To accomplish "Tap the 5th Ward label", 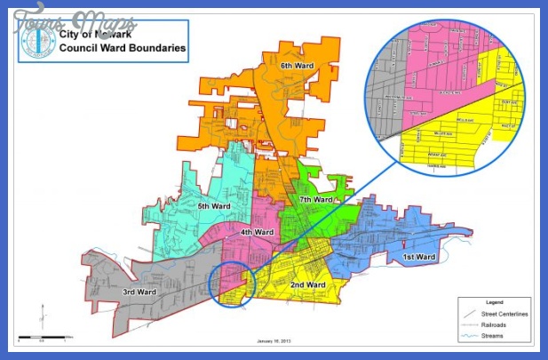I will tap(214, 206).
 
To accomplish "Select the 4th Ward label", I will tap(258, 232).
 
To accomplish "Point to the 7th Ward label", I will tap(315, 201).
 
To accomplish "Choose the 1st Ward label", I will tap(420, 258).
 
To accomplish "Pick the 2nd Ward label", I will tap(307, 285).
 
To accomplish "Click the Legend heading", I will tap(493, 301).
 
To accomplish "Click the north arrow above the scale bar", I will tap(41, 316).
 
